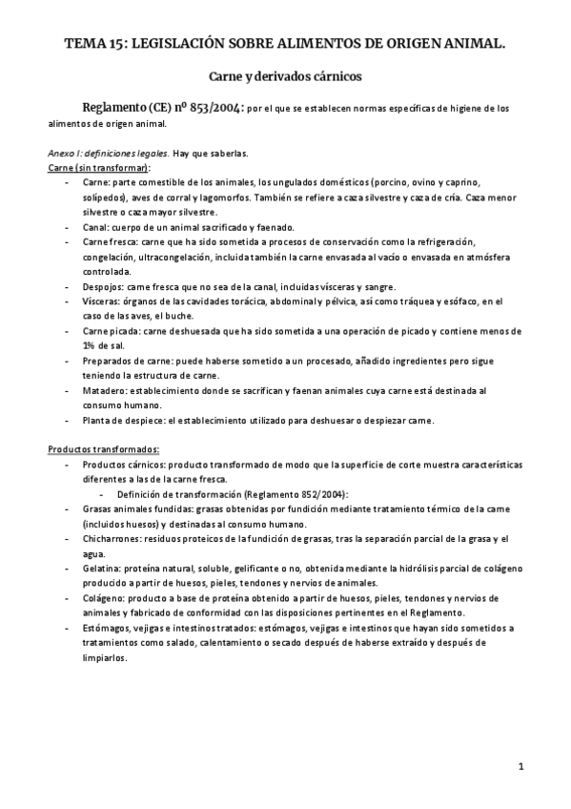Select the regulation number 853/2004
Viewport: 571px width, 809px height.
point(215,108)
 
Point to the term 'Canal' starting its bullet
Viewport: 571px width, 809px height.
point(95,227)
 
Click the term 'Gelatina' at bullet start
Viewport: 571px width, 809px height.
point(102,568)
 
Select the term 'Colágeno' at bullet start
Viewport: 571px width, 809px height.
point(103,597)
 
